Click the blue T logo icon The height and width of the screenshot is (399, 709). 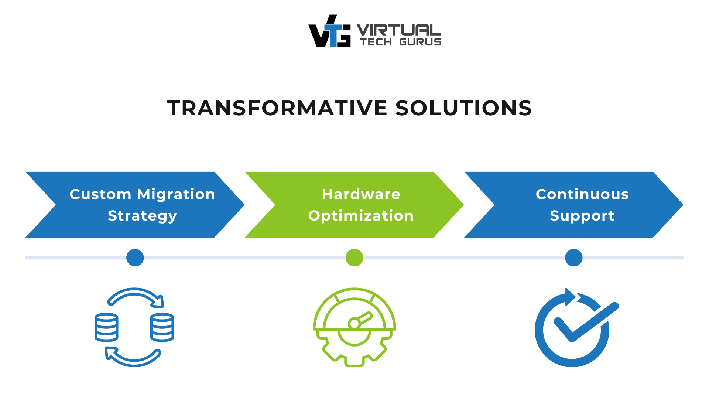(333, 35)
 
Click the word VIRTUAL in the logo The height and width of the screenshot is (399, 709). (398, 30)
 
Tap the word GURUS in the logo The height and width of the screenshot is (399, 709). (420, 42)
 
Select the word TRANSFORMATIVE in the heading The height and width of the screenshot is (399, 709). (277, 108)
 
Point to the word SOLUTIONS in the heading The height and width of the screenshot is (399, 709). (463, 108)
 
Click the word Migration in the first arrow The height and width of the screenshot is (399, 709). (176, 194)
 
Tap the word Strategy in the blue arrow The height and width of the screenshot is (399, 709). (142, 216)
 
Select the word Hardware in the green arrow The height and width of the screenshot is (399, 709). (361, 194)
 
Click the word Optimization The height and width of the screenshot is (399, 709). (361, 216)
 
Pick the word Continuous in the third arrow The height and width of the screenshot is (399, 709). (582, 194)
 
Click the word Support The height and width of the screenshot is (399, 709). (582, 216)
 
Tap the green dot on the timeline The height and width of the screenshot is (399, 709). (354, 258)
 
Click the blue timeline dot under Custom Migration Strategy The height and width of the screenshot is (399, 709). (135, 258)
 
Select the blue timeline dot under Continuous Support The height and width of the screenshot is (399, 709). (573, 258)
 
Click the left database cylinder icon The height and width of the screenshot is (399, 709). (106, 327)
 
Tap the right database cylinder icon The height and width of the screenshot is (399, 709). (162, 327)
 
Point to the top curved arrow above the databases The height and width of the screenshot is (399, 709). (135, 294)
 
